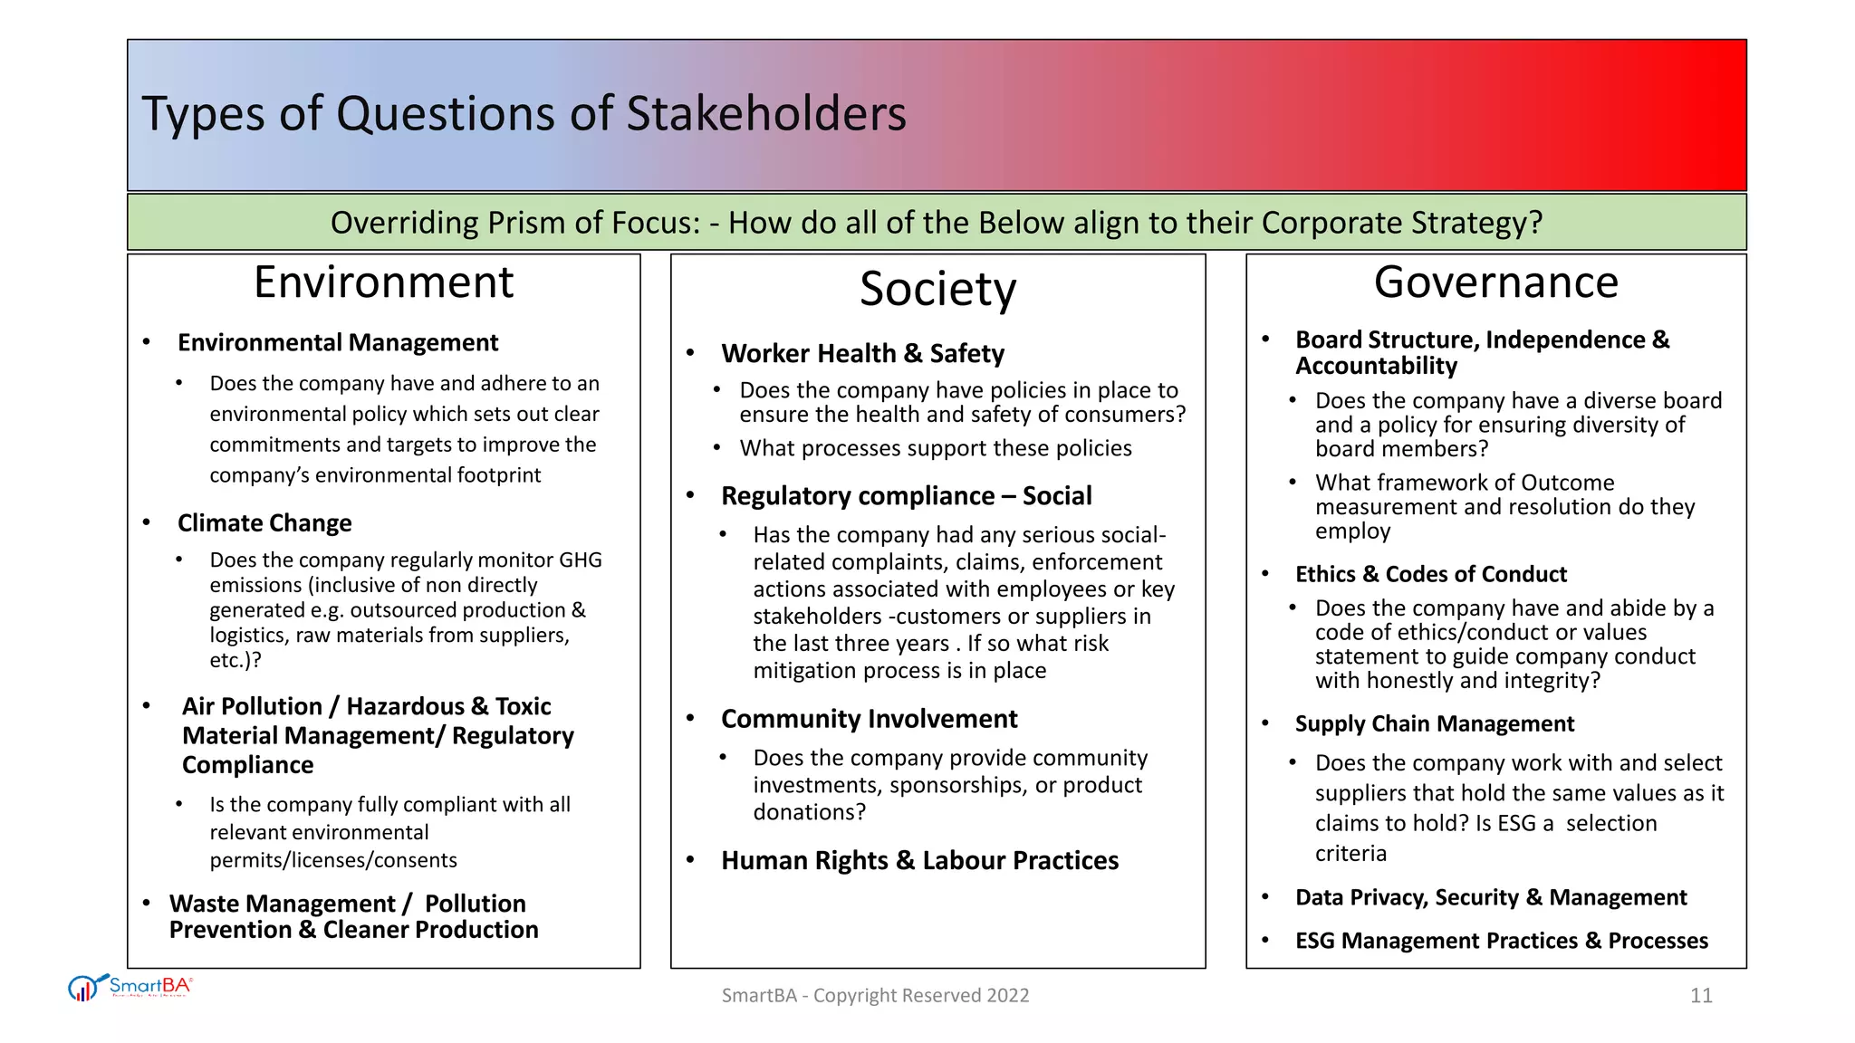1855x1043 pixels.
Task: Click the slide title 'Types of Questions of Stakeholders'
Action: click(x=524, y=114)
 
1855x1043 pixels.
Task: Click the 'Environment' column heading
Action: click(x=383, y=282)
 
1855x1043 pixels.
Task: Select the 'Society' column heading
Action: click(x=937, y=289)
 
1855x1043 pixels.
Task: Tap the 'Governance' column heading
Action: click(x=1495, y=282)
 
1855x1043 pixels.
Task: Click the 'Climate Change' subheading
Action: click(x=264, y=523)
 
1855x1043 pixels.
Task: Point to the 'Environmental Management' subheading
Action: click(x=338, y=343)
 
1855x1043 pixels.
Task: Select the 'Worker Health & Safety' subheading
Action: click(x=862, y=353)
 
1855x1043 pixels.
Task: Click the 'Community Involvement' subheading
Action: click(x=869, y=719)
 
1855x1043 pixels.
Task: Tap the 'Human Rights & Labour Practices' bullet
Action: click(x=919, y=860)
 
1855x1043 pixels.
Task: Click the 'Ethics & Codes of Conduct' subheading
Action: click(x=1430, y=574)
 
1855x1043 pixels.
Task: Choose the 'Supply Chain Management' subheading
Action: click(x=1434, y=723)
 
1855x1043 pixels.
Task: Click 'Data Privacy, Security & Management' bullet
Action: click(x=1490, y=897)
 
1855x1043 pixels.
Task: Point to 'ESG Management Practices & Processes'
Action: click(x=1501, y=941)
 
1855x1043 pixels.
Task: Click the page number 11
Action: click(x=1700, y=996)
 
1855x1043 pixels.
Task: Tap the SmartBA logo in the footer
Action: click(x=130, y=987)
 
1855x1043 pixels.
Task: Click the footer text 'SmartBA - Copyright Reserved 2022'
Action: click(x=875, y=996)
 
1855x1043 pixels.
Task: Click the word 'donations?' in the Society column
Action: click(x=809, y=812)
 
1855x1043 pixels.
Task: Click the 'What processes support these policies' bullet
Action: click(x=935, y=448)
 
